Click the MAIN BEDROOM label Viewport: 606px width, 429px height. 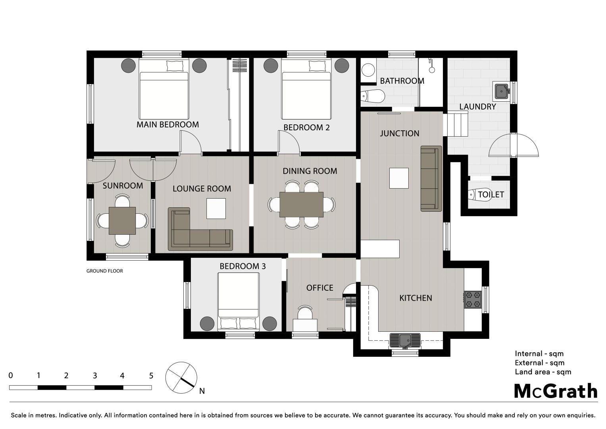[167, 125]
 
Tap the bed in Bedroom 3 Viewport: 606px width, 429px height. [239, 302]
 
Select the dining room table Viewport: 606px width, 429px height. [301, 205]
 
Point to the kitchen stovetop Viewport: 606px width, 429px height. [473, 300]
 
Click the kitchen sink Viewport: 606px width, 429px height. [405, 340]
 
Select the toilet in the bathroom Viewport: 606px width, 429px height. [373, 96]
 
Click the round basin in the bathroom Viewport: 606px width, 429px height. [368, 70]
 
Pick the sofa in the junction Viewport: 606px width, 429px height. [431, 178]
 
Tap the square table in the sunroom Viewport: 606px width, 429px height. [122, 221]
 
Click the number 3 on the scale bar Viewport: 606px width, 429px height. [95, 376]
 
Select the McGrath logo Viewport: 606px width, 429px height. [556, 391]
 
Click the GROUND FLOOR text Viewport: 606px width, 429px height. [105, 271]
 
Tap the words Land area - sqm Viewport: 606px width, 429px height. [543, 372]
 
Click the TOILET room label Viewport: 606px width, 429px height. [491, 195]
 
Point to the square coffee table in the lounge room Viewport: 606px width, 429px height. [216, 208]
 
